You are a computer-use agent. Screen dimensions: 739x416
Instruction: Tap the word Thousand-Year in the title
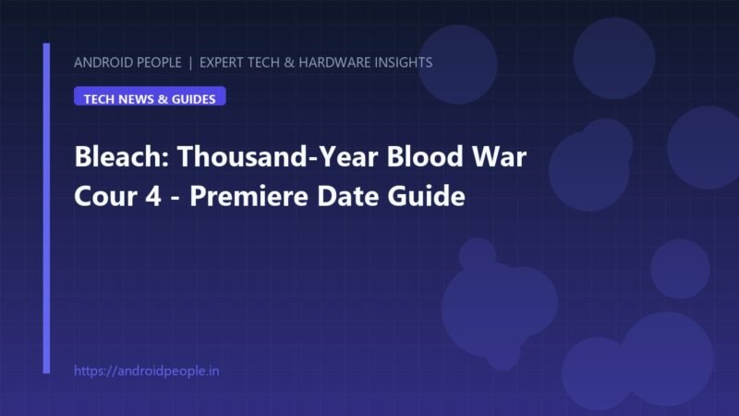click(278, 156)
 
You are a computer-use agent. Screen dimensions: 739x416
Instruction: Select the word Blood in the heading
click(425, 156)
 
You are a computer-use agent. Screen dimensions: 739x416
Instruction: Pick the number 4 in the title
click(153, 196)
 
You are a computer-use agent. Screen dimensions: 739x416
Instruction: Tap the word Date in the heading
click(348, 196)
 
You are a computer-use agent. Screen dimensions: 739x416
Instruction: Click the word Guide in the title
click(426, 196)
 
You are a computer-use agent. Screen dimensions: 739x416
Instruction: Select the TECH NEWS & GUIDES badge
click(150, 96)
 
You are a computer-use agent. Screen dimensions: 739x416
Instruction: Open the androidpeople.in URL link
click(147, 371)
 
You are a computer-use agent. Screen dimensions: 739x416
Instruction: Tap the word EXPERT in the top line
click(222, 62)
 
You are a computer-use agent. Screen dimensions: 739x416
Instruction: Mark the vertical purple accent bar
click(46, 209)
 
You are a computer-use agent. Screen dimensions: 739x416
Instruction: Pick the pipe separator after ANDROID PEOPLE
click(190, 63)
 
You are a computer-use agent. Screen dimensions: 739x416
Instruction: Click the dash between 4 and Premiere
click(176, 198)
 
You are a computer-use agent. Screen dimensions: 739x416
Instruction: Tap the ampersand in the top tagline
click(289, 62)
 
